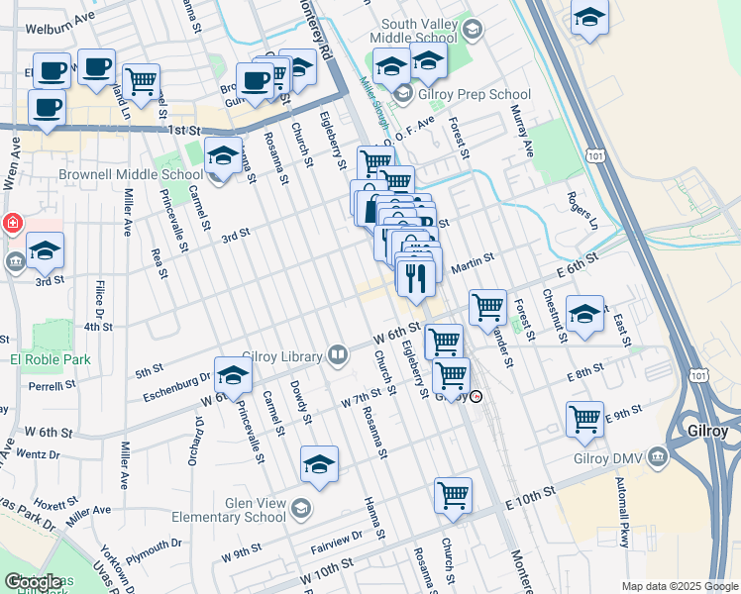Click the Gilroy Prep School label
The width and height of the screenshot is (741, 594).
pyautogui.click(x=475, y=95)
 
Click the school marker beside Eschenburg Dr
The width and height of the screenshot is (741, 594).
pyautogui.click(x=233, y=376)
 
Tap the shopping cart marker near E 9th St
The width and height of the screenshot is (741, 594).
pyautogui.click(x=584, y=418)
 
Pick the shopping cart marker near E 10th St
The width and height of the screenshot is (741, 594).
pyautogui.click(x=453, y=495)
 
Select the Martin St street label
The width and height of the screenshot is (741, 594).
pyautogui.click(x=473, y=261)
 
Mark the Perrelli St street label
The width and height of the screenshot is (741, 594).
pyautogui.click(x=53, y=386)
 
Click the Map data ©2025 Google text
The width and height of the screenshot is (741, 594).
pyautogui.click(x=681, y=586)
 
